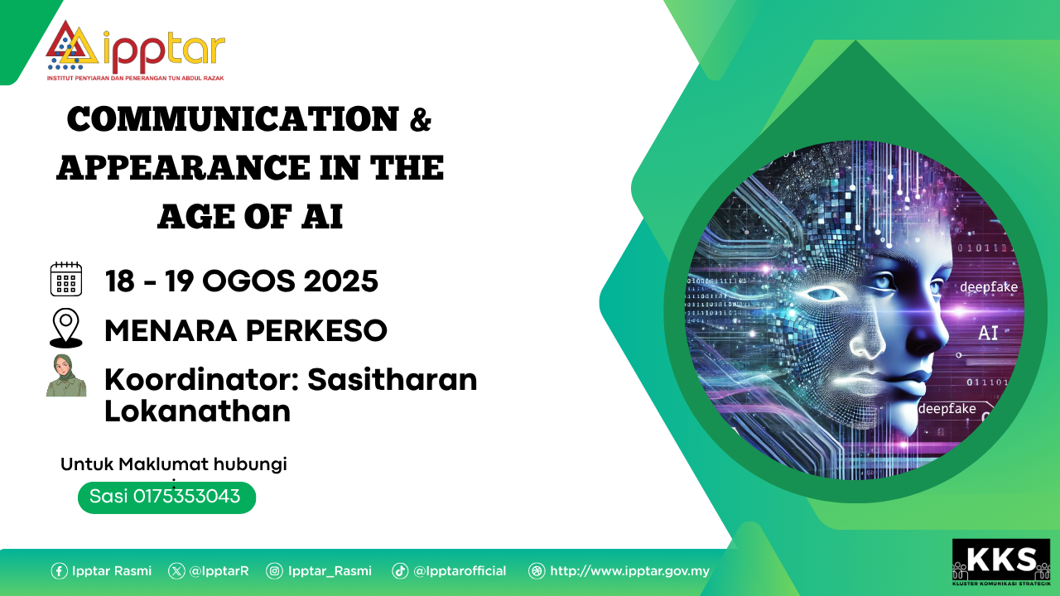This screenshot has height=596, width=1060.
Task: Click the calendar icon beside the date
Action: coord(66,279)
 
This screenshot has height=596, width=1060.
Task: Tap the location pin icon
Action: coord(66,328)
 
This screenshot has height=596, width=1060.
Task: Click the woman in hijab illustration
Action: coord(66,375)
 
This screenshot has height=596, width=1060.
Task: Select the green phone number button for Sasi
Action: coord(166,497)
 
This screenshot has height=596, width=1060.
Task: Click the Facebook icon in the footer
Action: coord(59,571)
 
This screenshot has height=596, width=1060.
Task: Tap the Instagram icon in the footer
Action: coord(274,571)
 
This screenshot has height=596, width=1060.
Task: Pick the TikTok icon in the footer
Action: coord(400,571)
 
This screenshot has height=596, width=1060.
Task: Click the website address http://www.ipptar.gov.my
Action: coord(629,571)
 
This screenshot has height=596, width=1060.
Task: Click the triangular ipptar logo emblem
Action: coord(72,45)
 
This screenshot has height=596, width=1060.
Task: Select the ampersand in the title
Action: coord(421,120)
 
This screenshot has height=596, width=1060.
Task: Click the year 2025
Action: coord(340,281)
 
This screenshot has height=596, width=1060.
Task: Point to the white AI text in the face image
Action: coord(988,333)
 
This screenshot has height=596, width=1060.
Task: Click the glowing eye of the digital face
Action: coord(823,294)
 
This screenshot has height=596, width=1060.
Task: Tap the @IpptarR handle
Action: coord(219,571)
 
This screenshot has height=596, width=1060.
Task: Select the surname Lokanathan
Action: coord(197,411)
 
